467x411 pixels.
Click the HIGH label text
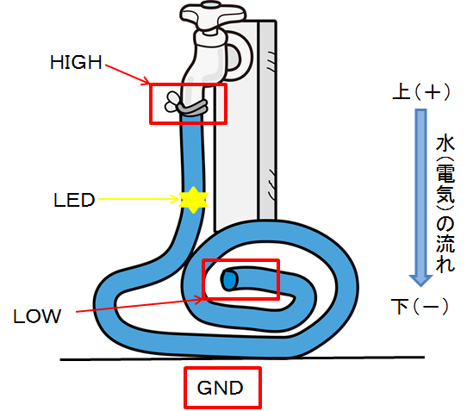[x=76, y=63]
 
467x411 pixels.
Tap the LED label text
[x=74, y=200]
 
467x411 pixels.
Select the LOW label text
[x=37, y=316]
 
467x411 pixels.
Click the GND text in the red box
[x=220, y=388]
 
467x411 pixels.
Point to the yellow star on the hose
[x=193, y=200]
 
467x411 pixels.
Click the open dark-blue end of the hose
[x=228, y=280]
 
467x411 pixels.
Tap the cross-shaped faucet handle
[x=213, y=16]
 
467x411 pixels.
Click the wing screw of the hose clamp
[x=172, y=102]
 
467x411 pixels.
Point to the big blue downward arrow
[x=420, y=197]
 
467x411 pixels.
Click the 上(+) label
[x=420, y=92]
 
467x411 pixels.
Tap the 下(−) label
[x=420, y=306]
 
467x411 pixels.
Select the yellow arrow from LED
[x=138, y=199]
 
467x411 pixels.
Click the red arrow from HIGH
[x=128, y=74]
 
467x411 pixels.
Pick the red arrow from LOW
[x=139, y=304]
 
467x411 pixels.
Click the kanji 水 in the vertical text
[x=445, y=145]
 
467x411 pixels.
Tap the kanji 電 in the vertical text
[x=445, y=173]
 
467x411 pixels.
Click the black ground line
[x=242, y=358]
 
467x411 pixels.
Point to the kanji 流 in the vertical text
[x=445, y=243]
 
